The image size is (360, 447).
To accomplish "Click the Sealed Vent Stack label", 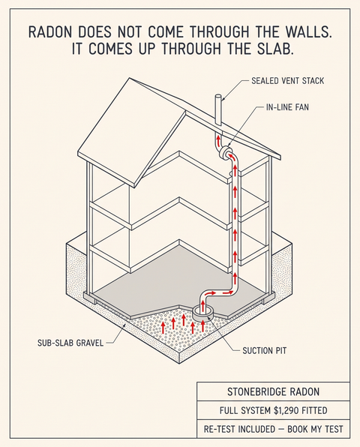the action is tap(287, 81).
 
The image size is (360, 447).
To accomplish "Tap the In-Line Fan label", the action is tap(287, 107).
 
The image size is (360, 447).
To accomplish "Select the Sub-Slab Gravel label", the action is tap(70, 343).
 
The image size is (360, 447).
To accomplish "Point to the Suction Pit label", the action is tap(265, 350).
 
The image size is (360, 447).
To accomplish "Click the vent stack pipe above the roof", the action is tap(219, 109).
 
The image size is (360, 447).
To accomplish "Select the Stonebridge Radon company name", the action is tap(273, 391).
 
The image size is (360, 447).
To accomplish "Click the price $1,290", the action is tap(287, 410).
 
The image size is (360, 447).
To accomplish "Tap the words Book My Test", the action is tap(315, 429).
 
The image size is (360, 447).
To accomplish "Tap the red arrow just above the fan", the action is tap(218, 141).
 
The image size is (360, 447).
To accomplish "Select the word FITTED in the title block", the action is tap(316, 410).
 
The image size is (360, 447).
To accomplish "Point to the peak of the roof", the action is tap(130, 78).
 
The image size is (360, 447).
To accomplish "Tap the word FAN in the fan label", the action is tap(301, 107).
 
